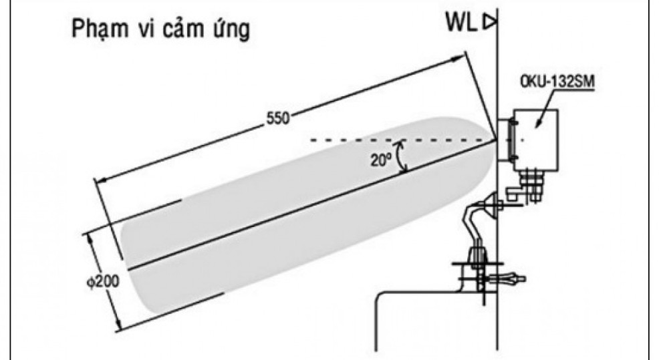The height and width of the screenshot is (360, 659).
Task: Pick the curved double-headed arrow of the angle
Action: pyautogui.click(x=401, y=157)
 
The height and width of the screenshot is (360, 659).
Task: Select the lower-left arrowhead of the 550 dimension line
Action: pyautogui.click(x=99, y=180)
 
